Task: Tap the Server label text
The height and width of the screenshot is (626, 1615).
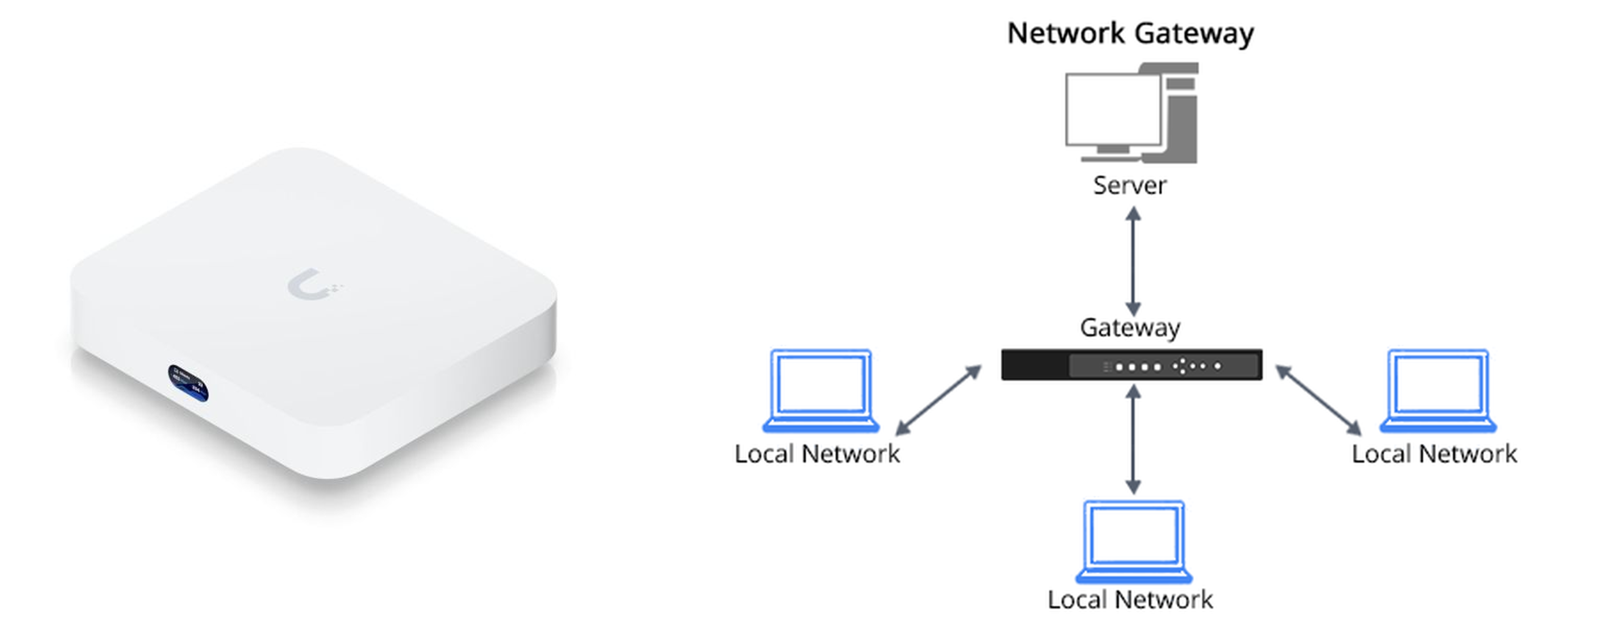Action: tap(1130, 186)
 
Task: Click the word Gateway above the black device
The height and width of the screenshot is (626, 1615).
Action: tap(1130, 327)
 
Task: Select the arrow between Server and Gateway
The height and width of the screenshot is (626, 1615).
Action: tap(1133, 262)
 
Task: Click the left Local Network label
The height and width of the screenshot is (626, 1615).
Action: tap(817, 454)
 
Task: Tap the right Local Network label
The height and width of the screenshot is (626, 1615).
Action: tap(1434, 454)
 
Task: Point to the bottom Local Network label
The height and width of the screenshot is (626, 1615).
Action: tap(1130, 600)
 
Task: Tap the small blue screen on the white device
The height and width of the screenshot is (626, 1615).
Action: tap(188, 382)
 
